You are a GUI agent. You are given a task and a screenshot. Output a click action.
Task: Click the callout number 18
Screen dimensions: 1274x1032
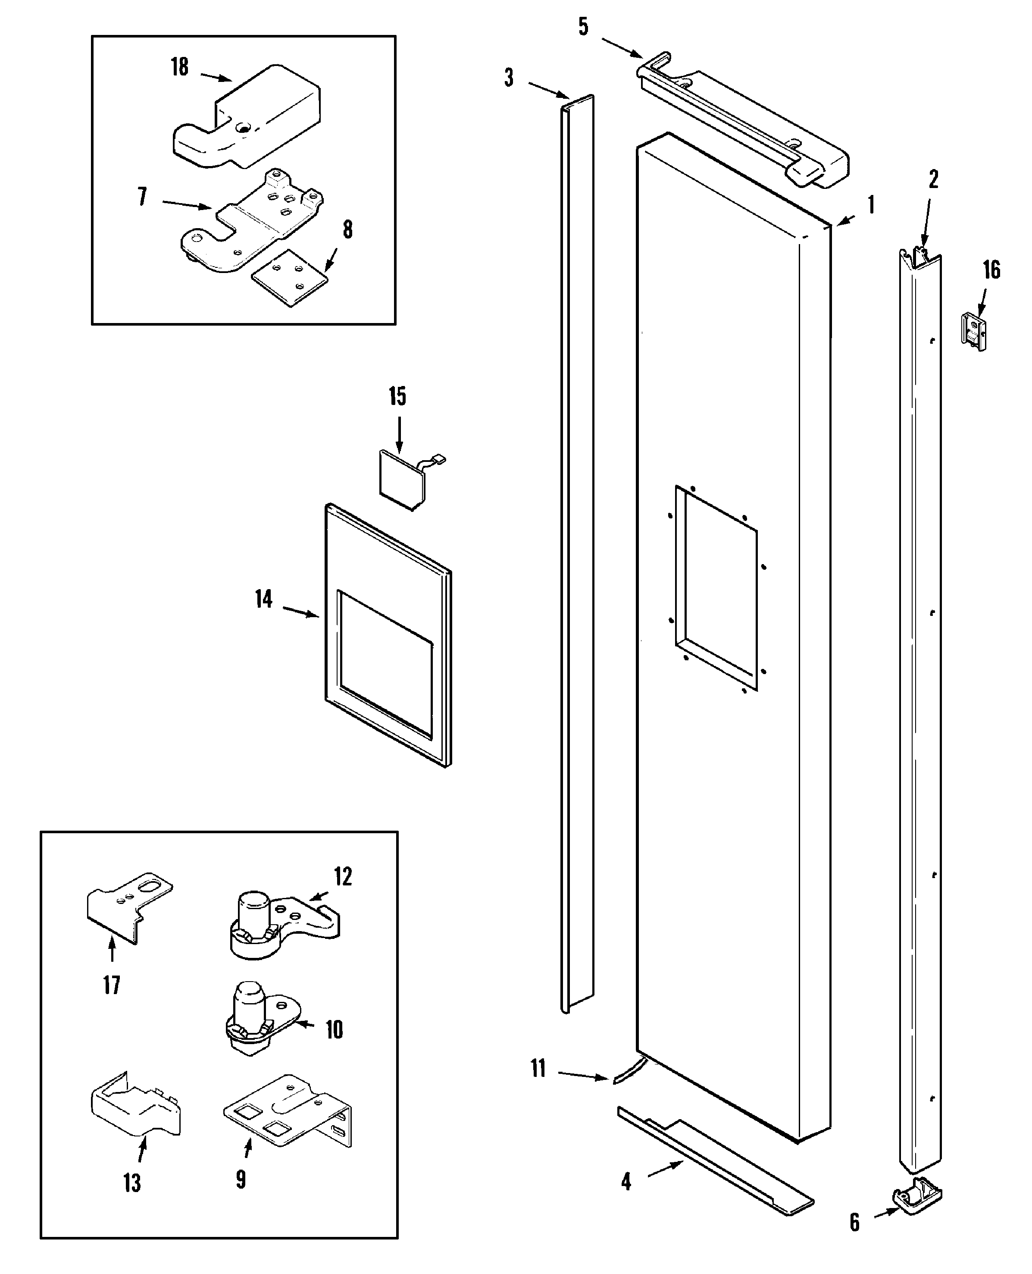179,66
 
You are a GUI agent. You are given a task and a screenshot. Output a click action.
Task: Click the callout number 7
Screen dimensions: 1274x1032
142,197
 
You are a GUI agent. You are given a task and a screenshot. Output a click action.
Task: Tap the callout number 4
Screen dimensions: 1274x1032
626,1182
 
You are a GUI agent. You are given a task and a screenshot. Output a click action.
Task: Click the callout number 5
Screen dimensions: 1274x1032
583,27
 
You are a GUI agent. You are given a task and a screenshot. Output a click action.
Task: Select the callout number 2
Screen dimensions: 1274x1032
933,179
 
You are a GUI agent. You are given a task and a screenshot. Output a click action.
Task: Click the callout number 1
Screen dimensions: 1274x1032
871,205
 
